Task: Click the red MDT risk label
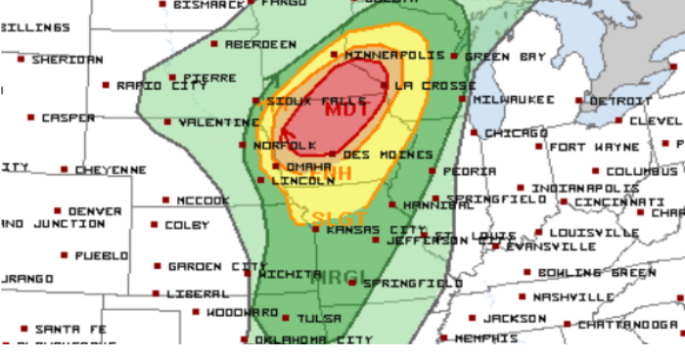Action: [347, 110]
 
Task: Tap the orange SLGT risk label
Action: [339, 218]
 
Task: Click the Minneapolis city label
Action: [388, 55]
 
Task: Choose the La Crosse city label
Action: [422, 86]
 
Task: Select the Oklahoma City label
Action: [313, 339]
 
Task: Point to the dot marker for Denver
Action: [59, 210]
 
